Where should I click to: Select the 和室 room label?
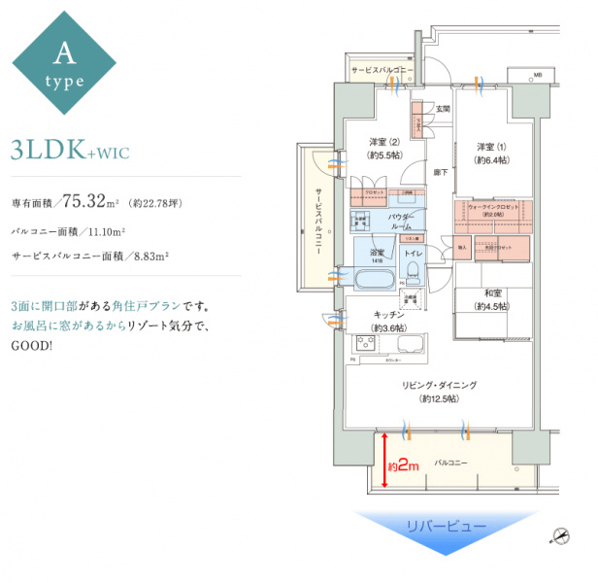click(x=491, y=298)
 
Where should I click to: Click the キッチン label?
click(x=388, y=319)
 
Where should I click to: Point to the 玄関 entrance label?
click(x=443, y=108)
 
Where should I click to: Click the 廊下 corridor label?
click(x=440, y=172)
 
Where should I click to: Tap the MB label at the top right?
click(x=537, y=75)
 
